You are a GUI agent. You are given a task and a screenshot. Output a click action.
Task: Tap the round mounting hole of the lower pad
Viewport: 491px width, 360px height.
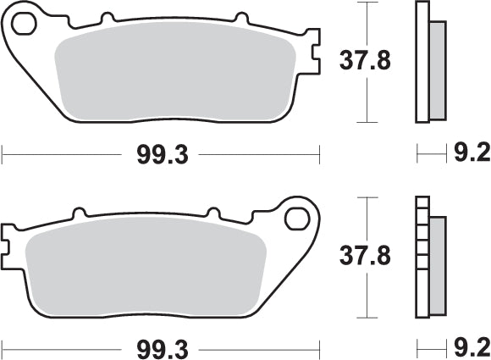pos(297,219)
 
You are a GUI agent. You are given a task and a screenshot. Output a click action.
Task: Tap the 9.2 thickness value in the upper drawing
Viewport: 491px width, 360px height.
pos(472,154)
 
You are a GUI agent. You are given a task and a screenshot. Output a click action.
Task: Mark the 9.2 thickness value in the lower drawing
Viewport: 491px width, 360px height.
pos(472,347)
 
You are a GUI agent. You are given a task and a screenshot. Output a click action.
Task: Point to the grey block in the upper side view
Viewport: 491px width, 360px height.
pos(438,69)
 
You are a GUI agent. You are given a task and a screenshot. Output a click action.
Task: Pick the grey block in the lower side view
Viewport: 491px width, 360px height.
pos(438,264)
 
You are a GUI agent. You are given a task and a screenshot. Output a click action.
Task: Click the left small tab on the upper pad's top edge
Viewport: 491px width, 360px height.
pos(106,18)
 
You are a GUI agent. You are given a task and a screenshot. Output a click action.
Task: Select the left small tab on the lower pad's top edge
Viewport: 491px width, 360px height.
pos(80,213)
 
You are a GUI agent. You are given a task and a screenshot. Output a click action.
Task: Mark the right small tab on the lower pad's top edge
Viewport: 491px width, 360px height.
pos(212,213)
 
